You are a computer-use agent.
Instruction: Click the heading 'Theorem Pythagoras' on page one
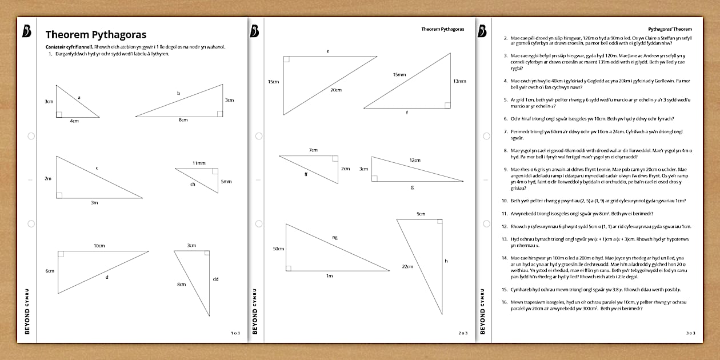pyautogui.click(x=96, y=34)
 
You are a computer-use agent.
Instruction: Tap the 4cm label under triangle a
pyautogui.click(x=75, y=121)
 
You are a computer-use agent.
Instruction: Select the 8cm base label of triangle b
pyautogui.click(x=183, y=120)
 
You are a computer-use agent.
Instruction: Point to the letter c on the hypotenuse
pyautogui.click(x=97, y=167)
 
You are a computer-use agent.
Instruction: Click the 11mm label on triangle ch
pyautogui.click(x=198, y=163)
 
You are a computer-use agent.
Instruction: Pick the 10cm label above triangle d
pyautogui.click(x=99, y=246)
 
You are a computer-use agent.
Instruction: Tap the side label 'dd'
pyautogui.click(x=215, y=279)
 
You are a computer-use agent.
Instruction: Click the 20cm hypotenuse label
pyautogui.click(x=335, y=90)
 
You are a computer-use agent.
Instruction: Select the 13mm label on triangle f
pyautogui.click(x=459, y=81)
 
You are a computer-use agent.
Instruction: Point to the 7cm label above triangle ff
pyautogui.click(x=313, y=150)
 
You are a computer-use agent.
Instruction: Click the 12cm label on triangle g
pyautogui.click(x=414, y=160)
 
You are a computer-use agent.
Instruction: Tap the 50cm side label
pyautogui.click(x=278, y=249)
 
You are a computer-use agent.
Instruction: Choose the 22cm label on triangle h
pyautogui.click(x=407, y=266)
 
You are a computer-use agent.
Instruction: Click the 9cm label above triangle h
pyautogui.click(x=421, y=214)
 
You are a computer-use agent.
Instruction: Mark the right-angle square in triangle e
pyautogui.click(x=286, y=59)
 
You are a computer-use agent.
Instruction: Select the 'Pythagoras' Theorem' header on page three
pyautogui.click(x=670, y=29)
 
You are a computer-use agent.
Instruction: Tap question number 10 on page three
pyautogui.click(x=505, y=201)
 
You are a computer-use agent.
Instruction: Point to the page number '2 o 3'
pyautogui.click(x=463, y=333)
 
